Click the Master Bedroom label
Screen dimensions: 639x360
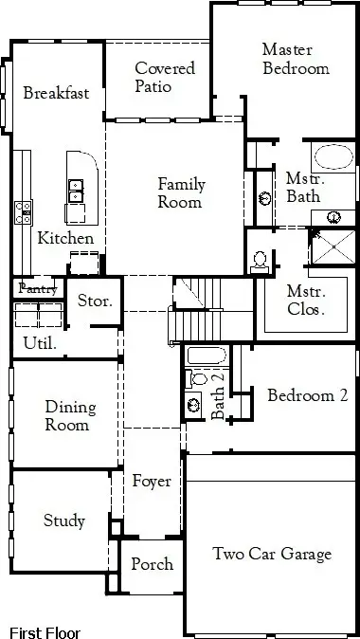tap(296, 59)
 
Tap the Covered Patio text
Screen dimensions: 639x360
tap(165, 77)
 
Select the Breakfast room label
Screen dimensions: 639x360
tap(56, 93)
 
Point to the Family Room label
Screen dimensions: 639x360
tap(180, 193)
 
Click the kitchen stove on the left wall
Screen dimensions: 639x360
tap(23, 211)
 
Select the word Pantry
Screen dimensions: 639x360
tap(38, 287)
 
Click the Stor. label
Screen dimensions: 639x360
tap(95, 302)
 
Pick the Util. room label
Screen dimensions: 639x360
tap(39, 343)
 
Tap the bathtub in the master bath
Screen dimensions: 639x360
tap(332, 157)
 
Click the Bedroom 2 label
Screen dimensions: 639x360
tap(307, 395)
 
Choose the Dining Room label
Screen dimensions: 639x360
tap(70, 416)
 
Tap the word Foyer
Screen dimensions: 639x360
tap(152, 482)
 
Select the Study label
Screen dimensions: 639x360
tap(64, 520)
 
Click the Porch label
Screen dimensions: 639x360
tap(152, 563)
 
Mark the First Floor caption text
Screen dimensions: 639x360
tap(45, 632)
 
